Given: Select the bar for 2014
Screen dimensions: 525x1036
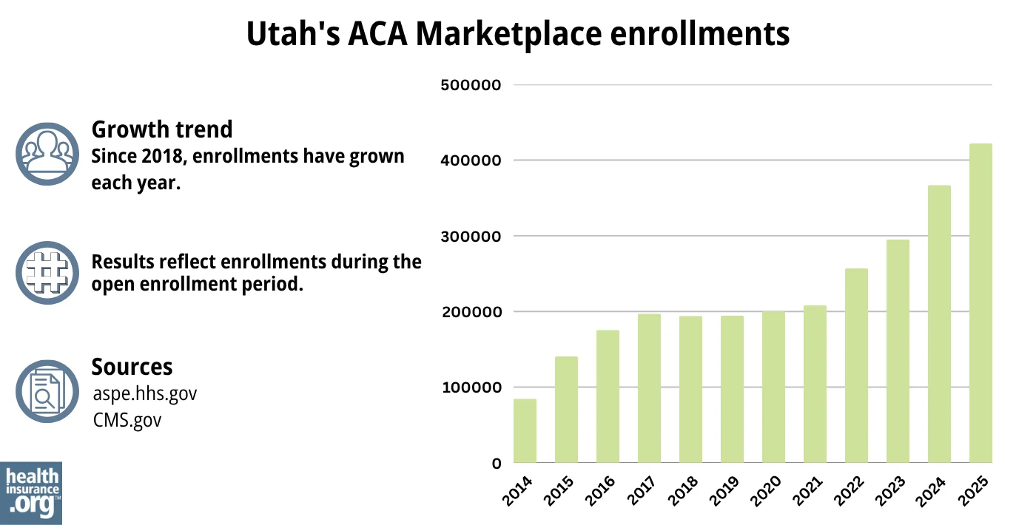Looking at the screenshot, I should point(525,431).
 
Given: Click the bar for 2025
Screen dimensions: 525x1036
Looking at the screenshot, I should point(980,303).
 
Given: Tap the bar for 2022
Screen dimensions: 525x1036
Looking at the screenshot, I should point(856,365).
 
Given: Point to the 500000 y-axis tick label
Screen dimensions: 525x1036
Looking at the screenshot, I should point(471,85).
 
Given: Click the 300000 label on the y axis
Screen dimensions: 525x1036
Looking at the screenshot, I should point(471,237).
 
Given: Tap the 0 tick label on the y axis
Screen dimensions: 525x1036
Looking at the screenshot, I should point(497,464).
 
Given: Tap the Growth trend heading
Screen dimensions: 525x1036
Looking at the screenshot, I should point(161,129).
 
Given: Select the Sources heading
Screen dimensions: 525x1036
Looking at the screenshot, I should point(132,367).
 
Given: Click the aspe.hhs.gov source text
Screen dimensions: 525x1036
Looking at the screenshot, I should point(145,393).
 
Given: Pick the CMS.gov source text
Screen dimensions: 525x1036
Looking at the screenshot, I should point(127,420).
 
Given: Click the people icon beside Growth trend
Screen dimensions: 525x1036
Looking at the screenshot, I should point(47,154).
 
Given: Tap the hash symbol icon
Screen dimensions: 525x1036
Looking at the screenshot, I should point(47,272).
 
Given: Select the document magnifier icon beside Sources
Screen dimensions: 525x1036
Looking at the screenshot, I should point(47,391).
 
